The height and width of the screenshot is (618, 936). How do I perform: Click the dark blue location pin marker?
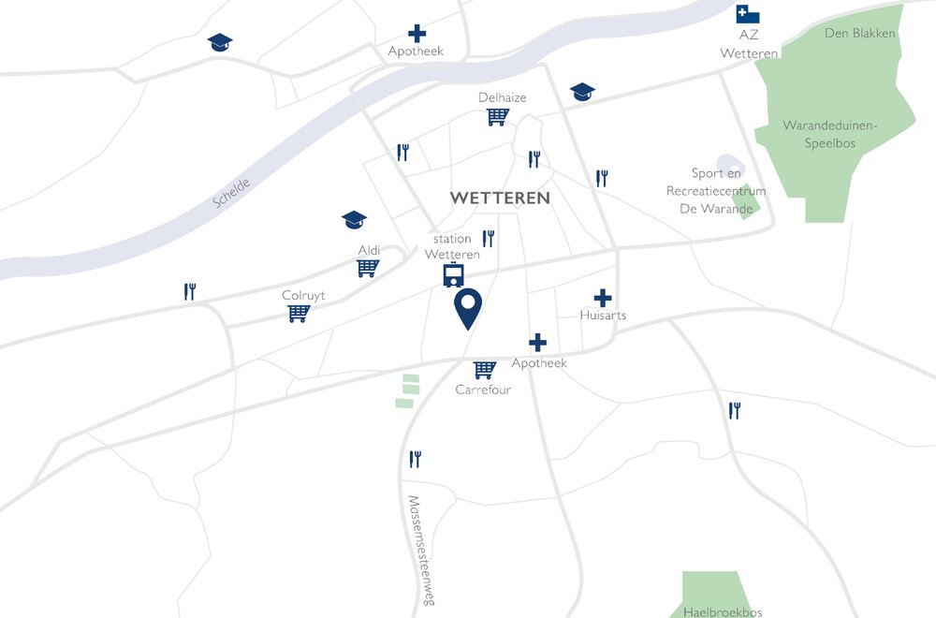point(468,308)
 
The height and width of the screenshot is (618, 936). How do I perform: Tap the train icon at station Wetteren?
point(454,276)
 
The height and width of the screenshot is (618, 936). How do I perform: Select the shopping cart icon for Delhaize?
point(497,117)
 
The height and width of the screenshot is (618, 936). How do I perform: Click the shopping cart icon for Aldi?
point(368,269)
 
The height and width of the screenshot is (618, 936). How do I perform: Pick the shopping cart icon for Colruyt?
point(299,314)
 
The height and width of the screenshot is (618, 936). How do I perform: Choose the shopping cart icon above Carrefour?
point(484,370)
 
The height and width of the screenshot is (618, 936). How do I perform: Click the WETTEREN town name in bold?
point(500,199)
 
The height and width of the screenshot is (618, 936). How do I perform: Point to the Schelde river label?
point(231,190)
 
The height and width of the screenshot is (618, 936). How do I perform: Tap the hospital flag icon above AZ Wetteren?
point(747,14)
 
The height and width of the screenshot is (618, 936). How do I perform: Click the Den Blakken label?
point(860,34)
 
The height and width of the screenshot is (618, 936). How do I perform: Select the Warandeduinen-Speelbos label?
point(819,134)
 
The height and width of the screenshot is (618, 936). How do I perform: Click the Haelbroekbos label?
point(723,611)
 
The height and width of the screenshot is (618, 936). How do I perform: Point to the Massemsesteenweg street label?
point(417,551)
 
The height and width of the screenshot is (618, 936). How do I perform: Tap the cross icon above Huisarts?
point(603,299)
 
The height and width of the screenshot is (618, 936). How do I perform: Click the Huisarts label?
point(603,316)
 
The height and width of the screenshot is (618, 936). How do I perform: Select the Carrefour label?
point(483,390)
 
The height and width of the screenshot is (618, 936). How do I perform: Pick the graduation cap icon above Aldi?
point(354,219)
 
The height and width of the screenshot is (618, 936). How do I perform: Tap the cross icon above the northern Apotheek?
point(416,33)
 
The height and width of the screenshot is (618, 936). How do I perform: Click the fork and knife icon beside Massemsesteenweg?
point(416,459)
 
